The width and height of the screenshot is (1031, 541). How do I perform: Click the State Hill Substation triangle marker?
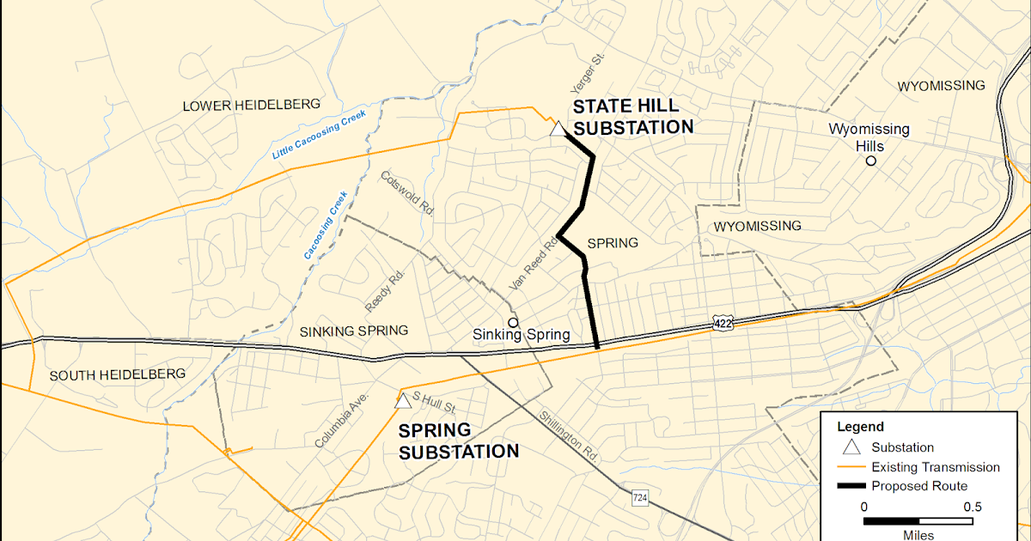pos(558,130)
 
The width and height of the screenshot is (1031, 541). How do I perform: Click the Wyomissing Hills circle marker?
pos(871,161)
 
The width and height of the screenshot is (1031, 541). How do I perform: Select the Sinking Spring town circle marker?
pos(513,322)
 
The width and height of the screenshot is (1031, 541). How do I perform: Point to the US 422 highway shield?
pos(722,322)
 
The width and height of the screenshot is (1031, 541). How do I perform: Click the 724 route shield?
pos(639,497)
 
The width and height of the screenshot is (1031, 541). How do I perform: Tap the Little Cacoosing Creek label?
pos(319,135)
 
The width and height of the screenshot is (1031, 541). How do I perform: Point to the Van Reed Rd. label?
pos(534,263)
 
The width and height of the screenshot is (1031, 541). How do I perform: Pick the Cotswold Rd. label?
pos(407,191)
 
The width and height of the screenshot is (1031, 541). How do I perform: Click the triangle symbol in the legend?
pos(851,447)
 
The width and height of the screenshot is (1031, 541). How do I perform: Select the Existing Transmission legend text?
pos(935,467)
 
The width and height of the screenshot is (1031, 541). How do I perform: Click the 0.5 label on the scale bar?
pos(973,507)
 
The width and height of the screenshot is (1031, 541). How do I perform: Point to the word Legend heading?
pos(860,427)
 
